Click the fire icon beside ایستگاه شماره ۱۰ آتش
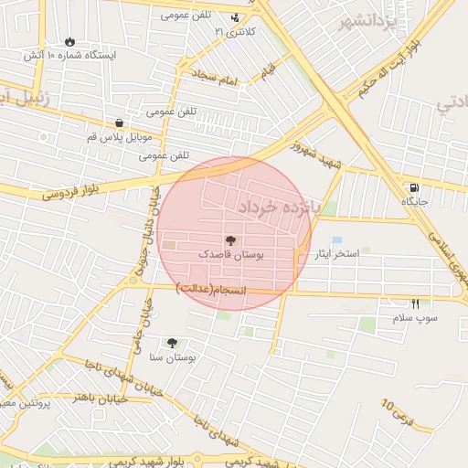pyautogui.click(x=70, y=41)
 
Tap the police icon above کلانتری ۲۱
pyautogui.click(x=236, y=16)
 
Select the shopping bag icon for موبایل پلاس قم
pyautogui.click(x=119, y=122)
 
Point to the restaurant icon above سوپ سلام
pyautogui.click(x=416, y=303)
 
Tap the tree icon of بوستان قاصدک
pyautogui.click(x=229, y=241)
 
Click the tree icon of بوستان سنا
pyautogui.click(x=172, y=343)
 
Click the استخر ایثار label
pyautogui.click(x=336, y=254)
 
